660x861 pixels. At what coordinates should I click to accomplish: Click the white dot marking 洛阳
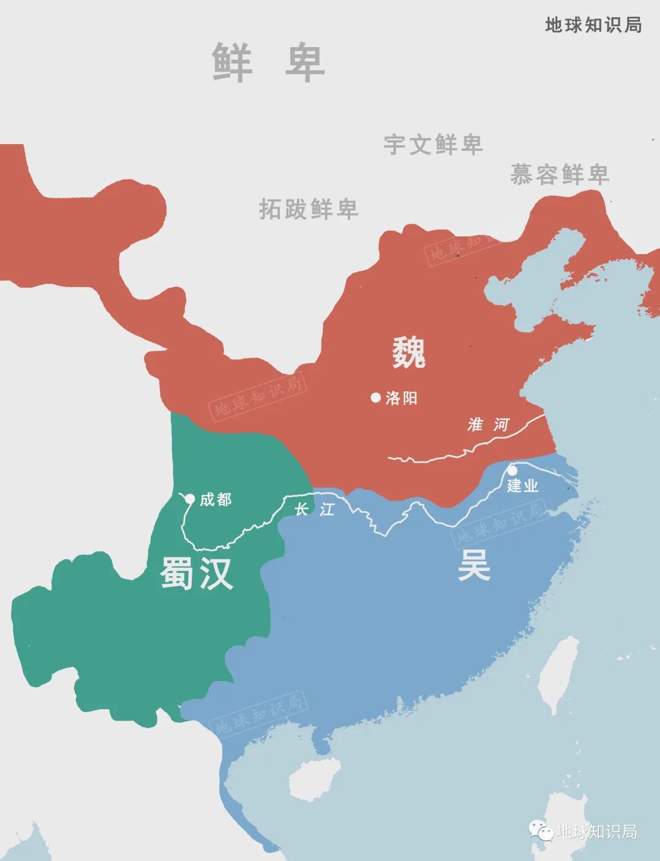click(x=376, y=398)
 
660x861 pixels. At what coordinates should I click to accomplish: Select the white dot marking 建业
click(x=512, y=470)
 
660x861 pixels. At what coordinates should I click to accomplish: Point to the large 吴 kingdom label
click(x=474, y=566)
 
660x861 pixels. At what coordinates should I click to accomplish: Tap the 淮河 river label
click(x=488, y=424)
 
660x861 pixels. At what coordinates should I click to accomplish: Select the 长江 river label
click(x=315, y=509)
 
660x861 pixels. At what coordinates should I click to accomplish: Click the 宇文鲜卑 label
click(x=433, y=144)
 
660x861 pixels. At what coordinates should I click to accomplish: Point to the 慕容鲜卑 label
click(x=559, y=175)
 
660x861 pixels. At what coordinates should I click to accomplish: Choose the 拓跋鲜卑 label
click(x=308, y=209)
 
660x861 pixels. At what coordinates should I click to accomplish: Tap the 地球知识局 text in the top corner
click(x=593, y=24)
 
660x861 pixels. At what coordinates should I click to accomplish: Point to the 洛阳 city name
click(x=402, y=398)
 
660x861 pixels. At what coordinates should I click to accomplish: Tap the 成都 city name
click(x=216, y=500)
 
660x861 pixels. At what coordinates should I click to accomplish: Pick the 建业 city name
click(x=522, y=486)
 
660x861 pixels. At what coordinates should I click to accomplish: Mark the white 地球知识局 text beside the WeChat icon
click(x=596, y=831)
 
